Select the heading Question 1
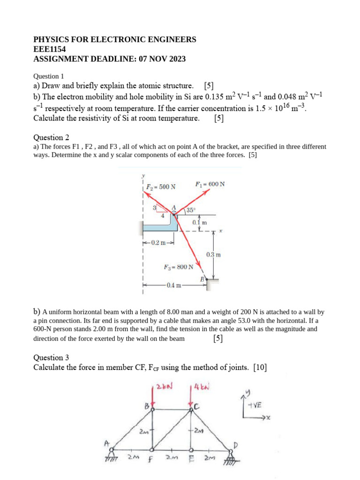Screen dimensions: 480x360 click(x=48, y=76)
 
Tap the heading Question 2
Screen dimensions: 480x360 click(x=51, y=137)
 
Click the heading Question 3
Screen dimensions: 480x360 click(x=51, y=358)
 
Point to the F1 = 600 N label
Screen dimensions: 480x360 click(x=210, y=184)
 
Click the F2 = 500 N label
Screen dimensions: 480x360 click(x=161, y=187)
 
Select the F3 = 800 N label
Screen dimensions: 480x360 click(x=178, y=267)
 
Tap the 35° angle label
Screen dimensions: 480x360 click(x=191, y=210)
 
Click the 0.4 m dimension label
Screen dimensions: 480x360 click(x=173, y=285)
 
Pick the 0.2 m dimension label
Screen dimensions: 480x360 click(x=158, y=243)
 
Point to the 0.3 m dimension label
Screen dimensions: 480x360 click(x=213, y=255)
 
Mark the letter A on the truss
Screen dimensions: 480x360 click(x=107, y=443)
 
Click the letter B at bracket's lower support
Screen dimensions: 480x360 click(x=202, y=279)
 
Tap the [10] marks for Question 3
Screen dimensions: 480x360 click(x=260, y=368)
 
